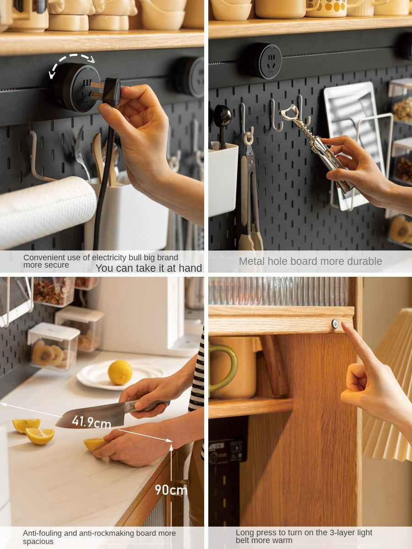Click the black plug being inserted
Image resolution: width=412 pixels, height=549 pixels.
pyautogui.click(x=109, y=91)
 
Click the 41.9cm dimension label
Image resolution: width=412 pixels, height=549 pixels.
pyautogui.click(x=91, y=422)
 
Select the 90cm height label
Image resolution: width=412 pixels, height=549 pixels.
pyautogui.click(x=171, y=490)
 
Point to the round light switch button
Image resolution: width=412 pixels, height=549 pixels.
pyautogui.click(x=335, y=323)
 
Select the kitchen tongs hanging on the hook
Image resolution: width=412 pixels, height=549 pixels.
pyautogui.click(x=249, y=198)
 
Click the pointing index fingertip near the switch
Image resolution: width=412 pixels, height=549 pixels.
pyautogui.click(x=344, y=325)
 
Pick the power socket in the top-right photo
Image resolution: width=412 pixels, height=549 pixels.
pyautogui.click(x=266, y=61)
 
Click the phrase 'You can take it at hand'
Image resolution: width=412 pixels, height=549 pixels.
pyautogui.click(x=149, y=268)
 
